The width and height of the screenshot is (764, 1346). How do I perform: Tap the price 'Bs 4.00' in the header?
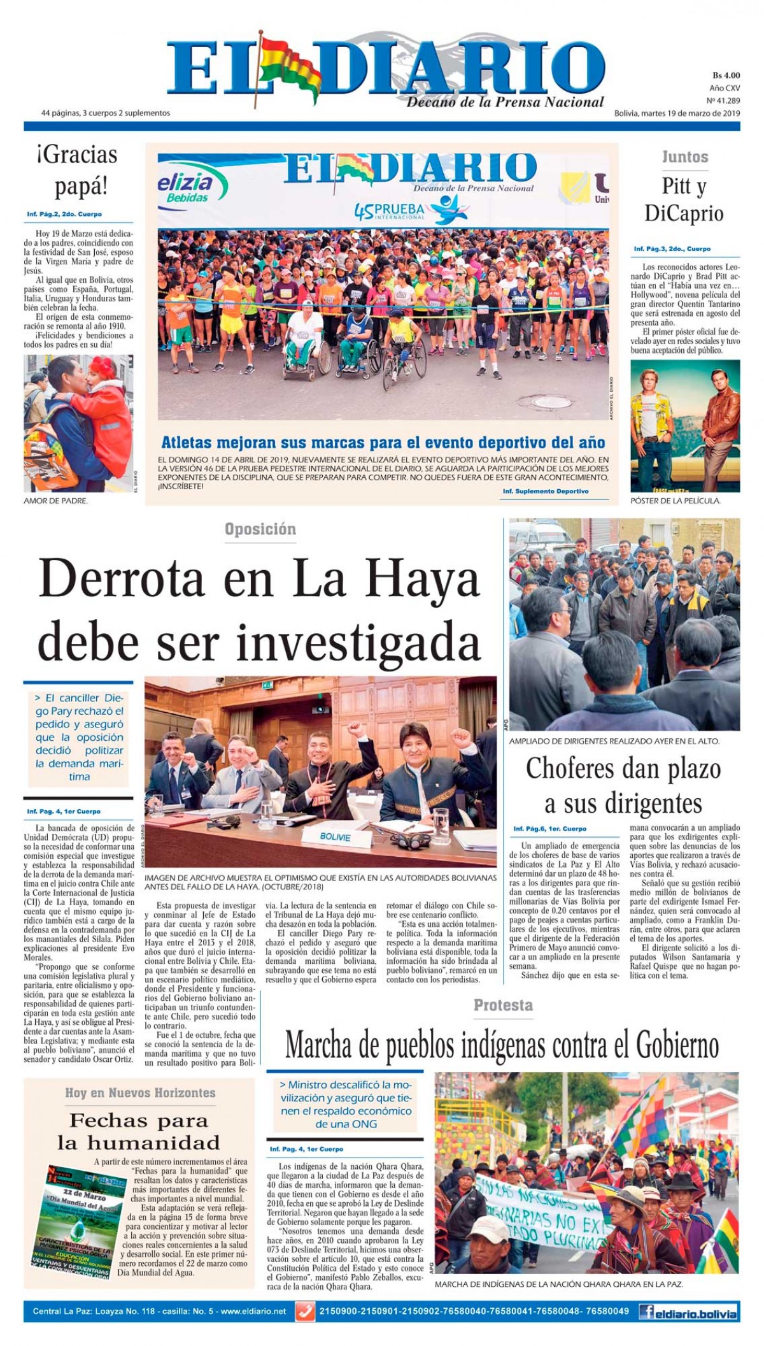(x=726, y=76)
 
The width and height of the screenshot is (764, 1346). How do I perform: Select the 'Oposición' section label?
(x=260, y=529)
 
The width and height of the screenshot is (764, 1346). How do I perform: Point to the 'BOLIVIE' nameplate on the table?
(x=335, y=836)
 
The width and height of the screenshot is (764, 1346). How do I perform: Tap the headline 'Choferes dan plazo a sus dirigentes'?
(x=623, y=786)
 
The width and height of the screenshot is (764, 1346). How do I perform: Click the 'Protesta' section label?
(x=503, y=1005)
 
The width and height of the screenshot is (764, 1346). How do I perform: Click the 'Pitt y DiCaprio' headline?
(x=684, y=199)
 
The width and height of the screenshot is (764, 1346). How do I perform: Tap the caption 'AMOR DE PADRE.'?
(x=55, y=501)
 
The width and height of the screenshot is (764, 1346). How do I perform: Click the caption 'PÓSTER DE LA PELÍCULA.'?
(x=675, y=501)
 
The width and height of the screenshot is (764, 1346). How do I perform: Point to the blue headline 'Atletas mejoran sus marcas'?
(x=383, y=442)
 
